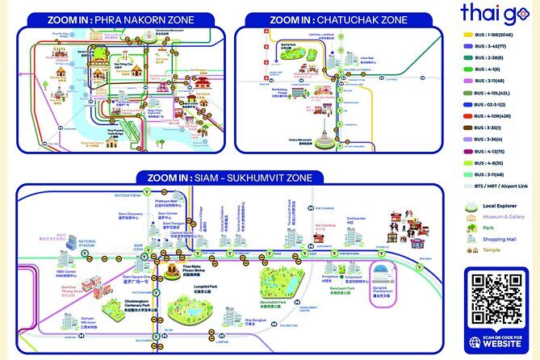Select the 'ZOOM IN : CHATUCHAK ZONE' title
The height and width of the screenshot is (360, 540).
[x=338, y=18]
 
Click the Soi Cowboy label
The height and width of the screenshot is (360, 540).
[x=324, y=225]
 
